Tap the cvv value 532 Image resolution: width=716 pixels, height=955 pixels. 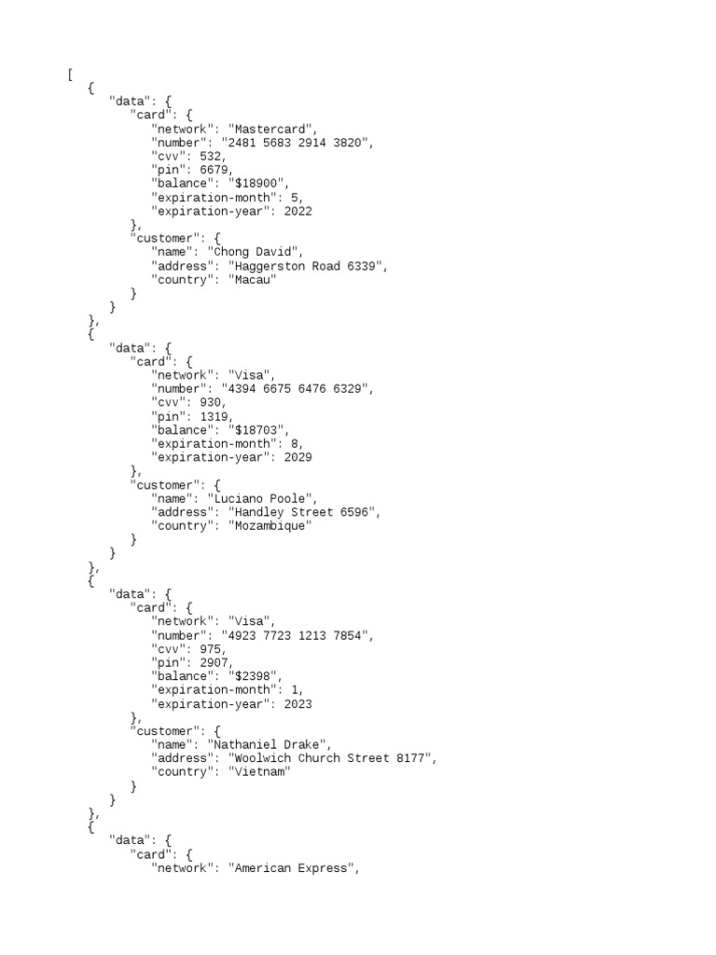[212, 157]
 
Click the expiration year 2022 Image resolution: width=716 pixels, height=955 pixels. [297, 211]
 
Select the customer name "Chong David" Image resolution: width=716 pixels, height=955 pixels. [255, 252]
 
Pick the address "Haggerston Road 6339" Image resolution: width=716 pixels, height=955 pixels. [307, 266]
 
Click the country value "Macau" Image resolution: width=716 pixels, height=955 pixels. [252, 280]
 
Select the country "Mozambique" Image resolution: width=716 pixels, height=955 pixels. [269, 526]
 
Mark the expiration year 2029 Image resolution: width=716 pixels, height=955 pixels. [297, 457]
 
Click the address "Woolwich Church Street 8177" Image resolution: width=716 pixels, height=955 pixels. [331, 758]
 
